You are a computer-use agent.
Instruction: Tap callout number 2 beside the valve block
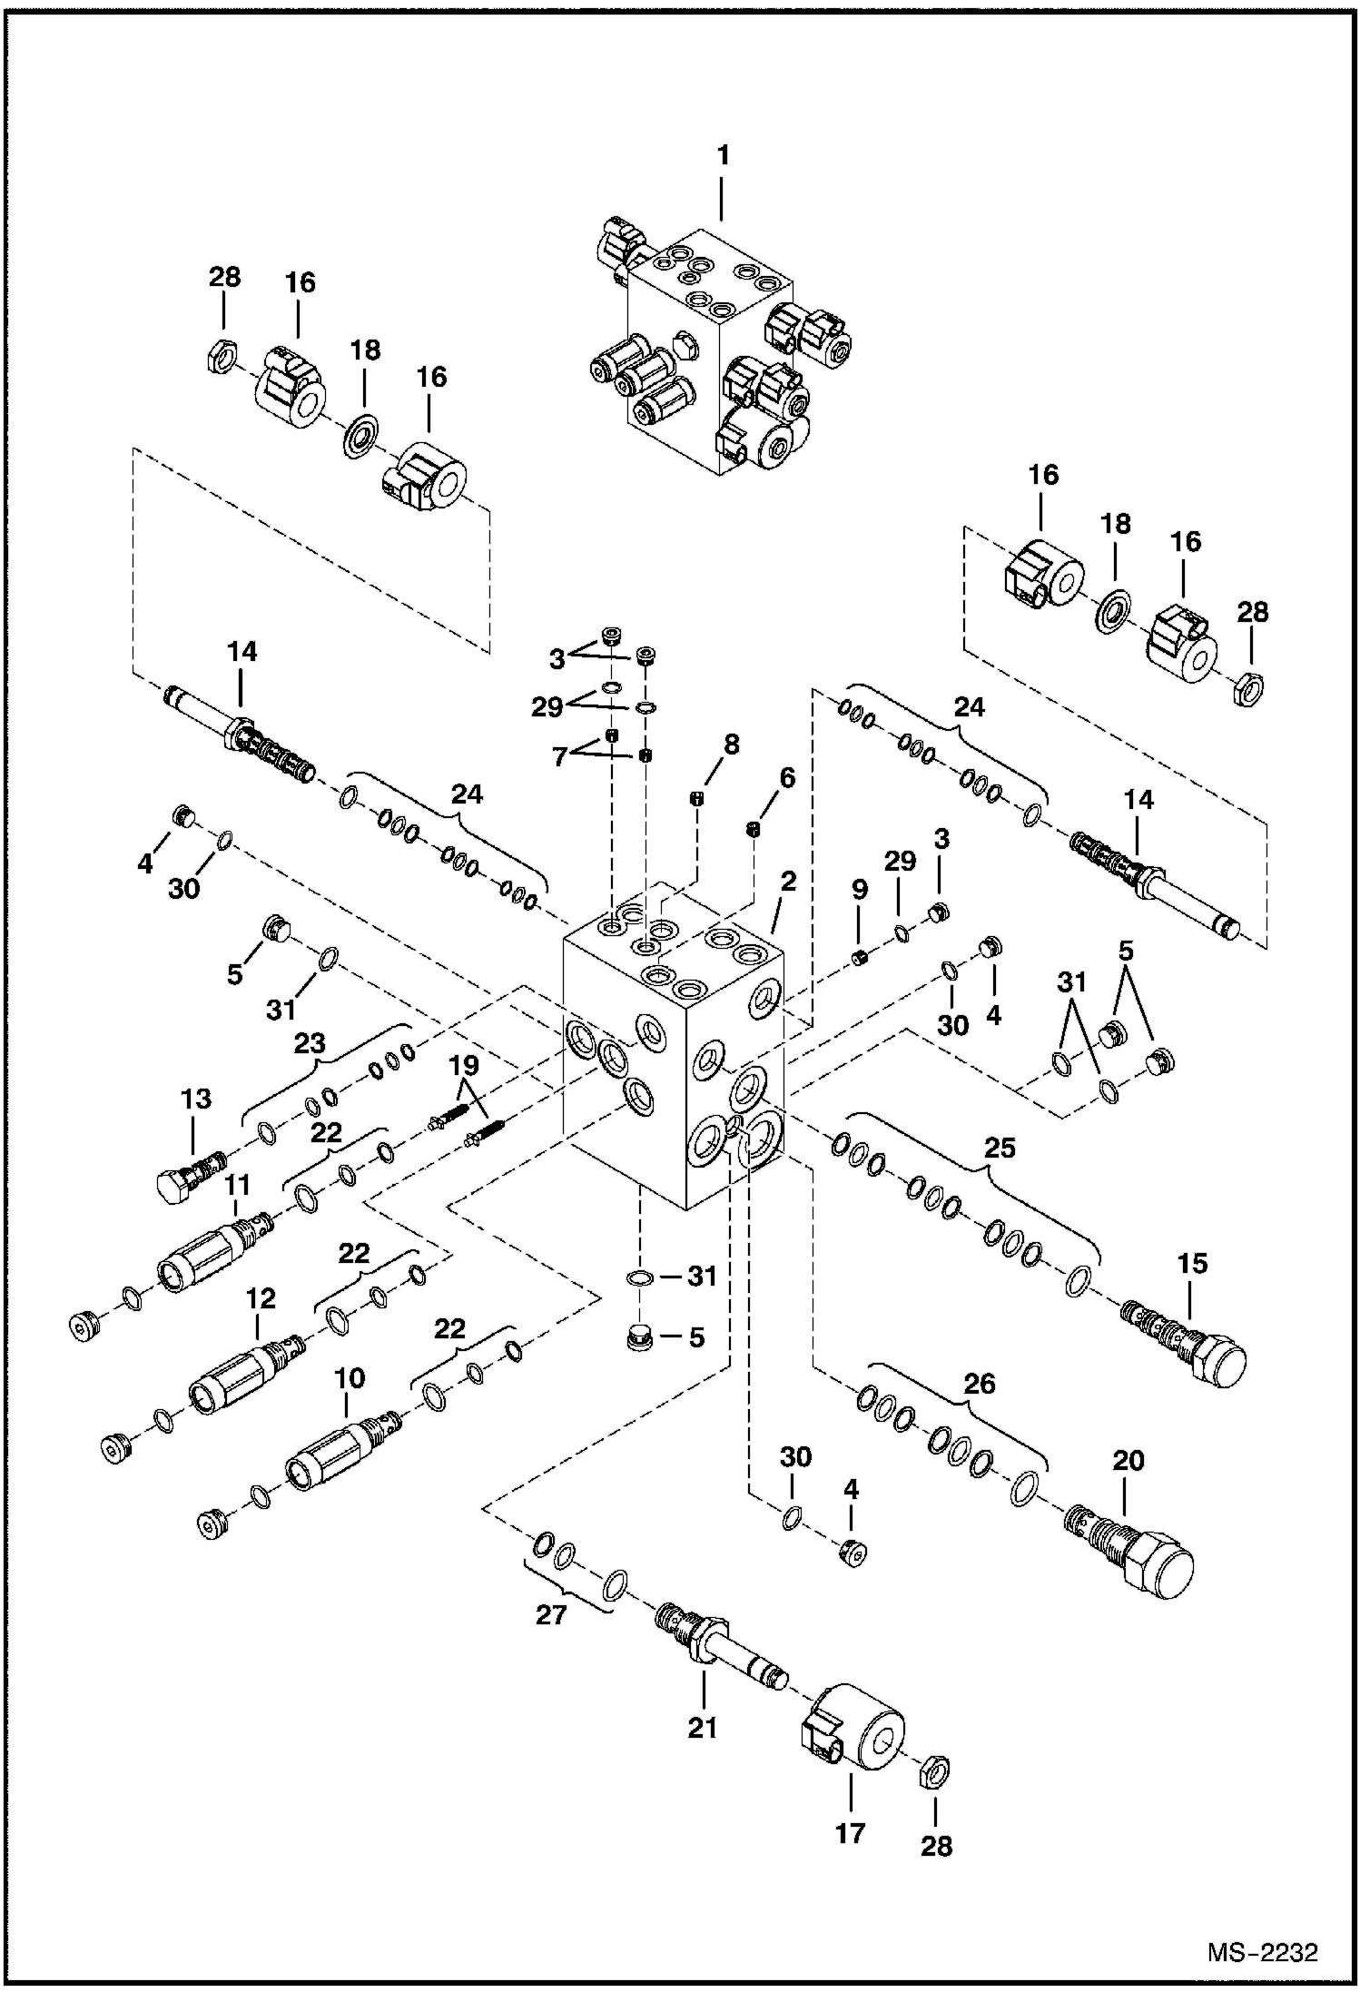(x=787, y=881)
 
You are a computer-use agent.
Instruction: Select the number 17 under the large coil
(x=850, y=1833)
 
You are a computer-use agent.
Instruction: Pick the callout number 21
(x=701, y=1728)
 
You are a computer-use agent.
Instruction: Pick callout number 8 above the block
(x=730, y=744)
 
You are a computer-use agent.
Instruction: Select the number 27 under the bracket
(x=551, y=1614)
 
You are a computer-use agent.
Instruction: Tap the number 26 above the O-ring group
(x=979, y=1383)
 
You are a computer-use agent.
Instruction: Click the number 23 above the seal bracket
(x=309, y=1043)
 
